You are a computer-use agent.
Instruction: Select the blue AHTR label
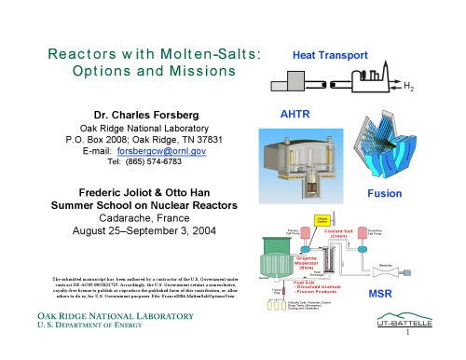coord(283,113)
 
